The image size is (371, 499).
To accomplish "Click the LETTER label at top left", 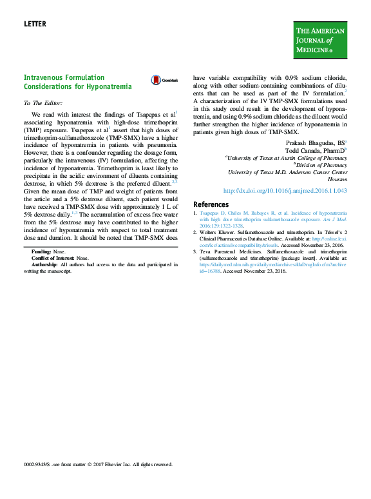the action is pos(35,24).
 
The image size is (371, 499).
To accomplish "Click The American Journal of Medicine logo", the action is pos(320,39).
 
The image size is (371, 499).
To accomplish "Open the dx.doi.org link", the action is pos(285,191).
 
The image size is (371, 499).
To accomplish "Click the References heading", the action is pos(211,204).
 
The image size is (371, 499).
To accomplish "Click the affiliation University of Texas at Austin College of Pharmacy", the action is pos(286,157).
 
